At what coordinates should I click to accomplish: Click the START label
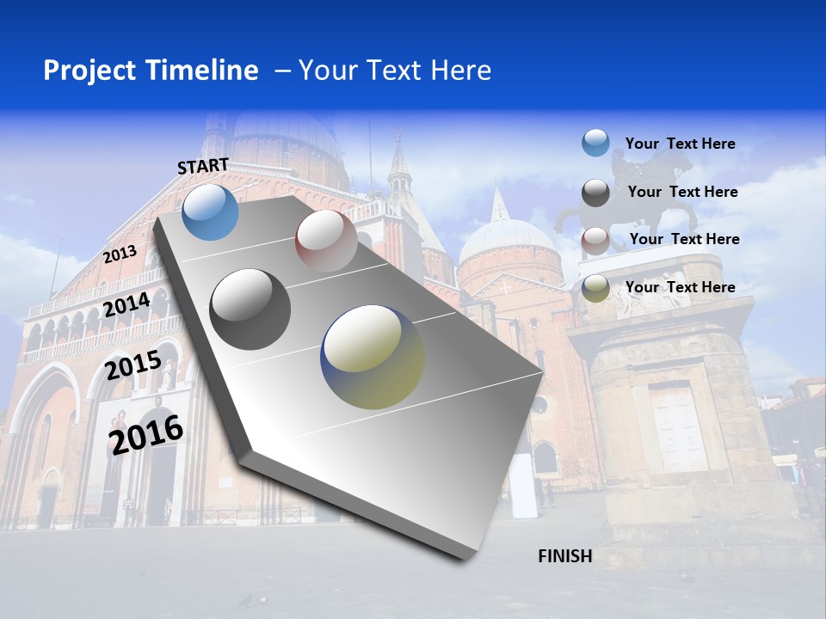(203, 166)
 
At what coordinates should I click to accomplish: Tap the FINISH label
(564, 556)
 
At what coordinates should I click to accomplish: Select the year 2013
(120, 254)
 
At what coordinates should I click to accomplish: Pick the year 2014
(126, 305)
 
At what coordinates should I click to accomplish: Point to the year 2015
(133, 366)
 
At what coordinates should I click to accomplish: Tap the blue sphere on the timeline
(211, 211)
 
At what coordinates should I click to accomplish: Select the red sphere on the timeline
(326, 241)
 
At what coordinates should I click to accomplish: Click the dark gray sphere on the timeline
(250, 309)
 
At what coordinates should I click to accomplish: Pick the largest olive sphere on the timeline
(373, 357)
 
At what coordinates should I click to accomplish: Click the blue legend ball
(595, 144)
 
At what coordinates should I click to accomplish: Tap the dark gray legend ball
(595, 193)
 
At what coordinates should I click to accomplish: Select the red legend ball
(595, 240)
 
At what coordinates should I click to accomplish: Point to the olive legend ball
(595, 288)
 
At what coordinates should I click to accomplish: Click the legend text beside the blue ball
(680, 144)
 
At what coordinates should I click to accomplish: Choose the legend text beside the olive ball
(680, 287)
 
